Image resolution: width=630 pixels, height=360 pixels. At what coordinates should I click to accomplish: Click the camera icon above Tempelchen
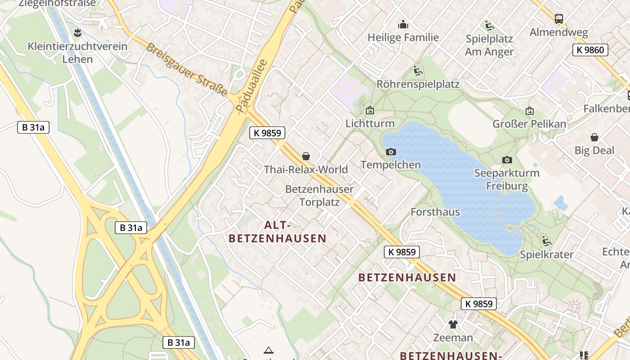click(x=391, y=152)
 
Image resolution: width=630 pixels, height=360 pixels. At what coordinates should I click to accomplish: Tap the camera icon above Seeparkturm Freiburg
click(x=507, y=160)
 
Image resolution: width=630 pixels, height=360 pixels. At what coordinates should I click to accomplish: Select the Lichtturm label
click(x=370, y=123)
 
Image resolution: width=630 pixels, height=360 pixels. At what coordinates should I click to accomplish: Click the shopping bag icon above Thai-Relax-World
click(x=306, y=156)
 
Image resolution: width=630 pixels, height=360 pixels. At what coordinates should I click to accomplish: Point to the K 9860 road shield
click(x=590, y=50)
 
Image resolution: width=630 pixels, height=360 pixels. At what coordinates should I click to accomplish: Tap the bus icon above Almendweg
click(x=558, y=19)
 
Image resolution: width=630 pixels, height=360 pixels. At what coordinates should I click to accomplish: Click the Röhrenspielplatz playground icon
click(x=418, y=71)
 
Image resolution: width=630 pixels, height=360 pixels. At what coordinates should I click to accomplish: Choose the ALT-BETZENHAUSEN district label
click(x=277, y=232)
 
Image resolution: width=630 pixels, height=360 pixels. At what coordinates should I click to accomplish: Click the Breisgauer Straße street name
click(x=187, y=70)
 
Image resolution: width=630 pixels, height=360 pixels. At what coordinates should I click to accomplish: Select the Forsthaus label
click(x=435, y=212)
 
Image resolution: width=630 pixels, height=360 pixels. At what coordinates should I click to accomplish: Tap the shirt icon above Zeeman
click(x=453, y=324)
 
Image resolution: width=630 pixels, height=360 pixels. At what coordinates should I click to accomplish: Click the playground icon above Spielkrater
click(x=547, y=241)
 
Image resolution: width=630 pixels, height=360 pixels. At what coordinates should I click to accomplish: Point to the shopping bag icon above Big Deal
click(x=594, y=137)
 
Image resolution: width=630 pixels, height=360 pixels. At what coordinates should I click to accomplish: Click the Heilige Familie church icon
click(x=403, y=24)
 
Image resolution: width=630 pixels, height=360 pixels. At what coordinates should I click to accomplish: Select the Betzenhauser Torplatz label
click(x=319, y=196)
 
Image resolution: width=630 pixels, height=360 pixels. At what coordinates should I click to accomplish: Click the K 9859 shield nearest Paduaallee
click(x=267, y=133)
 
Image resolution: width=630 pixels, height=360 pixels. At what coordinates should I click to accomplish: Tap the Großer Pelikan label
click(x=529, y=124)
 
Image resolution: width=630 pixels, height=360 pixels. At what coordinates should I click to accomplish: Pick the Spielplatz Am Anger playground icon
click(x=489, y=25)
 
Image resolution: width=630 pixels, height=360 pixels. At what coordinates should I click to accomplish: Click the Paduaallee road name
click(x=252, y=85)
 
